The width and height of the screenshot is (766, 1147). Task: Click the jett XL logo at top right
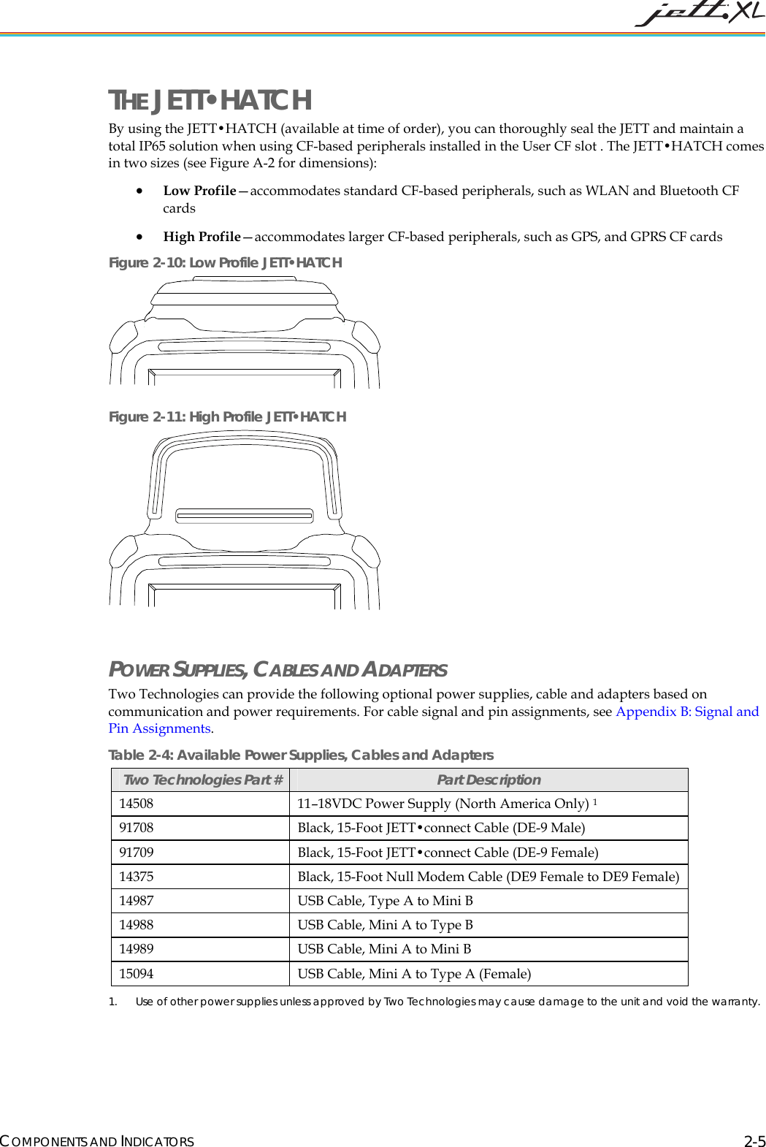click(x=699, y=15)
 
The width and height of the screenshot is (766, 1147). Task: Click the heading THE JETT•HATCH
click(x=210, y=100)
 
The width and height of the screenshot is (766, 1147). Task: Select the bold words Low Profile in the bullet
click(x=199, y=191)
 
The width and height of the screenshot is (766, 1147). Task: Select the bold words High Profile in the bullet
click(x=202, y=237)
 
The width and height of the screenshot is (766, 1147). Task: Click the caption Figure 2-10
click(x=225, y=262)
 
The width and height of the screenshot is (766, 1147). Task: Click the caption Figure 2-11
click(x=227, y=416)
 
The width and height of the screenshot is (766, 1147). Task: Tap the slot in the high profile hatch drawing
click(x=245, y=516)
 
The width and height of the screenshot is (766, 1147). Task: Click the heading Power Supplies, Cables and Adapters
click(x=277, y=669)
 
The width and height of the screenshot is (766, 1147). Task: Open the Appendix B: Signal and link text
click(x=686, y=712)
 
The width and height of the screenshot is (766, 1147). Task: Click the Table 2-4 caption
click(x=301, y=755)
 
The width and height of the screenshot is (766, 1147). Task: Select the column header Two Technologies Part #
click(x=202, y=780)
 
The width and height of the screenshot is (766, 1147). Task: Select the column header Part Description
click(x=489, y=780)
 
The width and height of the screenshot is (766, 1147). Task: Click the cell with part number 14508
click(x=137, y=804)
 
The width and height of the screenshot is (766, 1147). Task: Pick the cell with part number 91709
click(x=137, y=853)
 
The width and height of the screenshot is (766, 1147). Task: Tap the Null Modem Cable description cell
click(x=488, y=877)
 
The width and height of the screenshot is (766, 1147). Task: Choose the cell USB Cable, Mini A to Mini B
click(x=384, y=949)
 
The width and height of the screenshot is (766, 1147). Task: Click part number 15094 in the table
click(x=137, y=974)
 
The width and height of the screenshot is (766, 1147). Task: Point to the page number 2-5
click(x=754, y=1141)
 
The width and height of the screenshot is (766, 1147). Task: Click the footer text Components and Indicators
click(x=97, y=1141)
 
